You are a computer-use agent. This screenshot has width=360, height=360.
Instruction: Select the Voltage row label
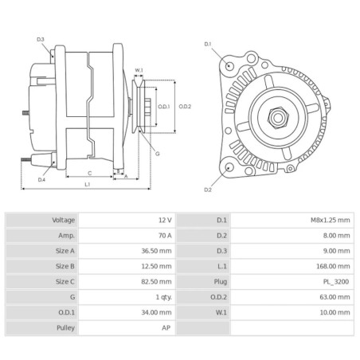64,219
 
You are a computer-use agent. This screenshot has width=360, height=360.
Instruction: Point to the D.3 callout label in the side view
41,39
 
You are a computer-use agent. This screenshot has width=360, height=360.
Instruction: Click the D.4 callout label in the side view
41,180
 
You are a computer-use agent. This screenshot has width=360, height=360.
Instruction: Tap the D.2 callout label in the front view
208,190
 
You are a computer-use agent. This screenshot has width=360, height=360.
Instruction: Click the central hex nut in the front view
279,119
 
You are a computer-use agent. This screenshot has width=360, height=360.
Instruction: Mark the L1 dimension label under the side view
86,184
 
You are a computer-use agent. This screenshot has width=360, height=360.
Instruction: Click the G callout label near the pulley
157,153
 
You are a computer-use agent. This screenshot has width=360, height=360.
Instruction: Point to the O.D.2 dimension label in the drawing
185,106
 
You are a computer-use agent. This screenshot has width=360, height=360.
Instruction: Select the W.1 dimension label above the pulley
139,70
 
